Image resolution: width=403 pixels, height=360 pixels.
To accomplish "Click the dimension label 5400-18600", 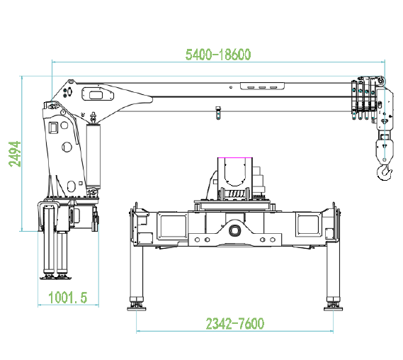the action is [218, 55].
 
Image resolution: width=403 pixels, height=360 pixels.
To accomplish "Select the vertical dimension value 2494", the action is [15, 154].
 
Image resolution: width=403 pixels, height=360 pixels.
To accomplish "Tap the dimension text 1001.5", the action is [68, 297].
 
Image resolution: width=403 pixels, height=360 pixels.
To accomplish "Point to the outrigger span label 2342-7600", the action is [235, 323].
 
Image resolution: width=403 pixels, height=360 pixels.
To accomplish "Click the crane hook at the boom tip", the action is [385, 172].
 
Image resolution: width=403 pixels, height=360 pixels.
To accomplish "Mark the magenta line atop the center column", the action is [234, 157].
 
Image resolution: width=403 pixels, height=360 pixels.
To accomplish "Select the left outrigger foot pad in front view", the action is [137, 308].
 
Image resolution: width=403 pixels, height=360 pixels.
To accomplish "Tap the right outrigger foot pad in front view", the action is [333, 308].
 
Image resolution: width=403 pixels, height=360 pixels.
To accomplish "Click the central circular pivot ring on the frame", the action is [234, 230].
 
